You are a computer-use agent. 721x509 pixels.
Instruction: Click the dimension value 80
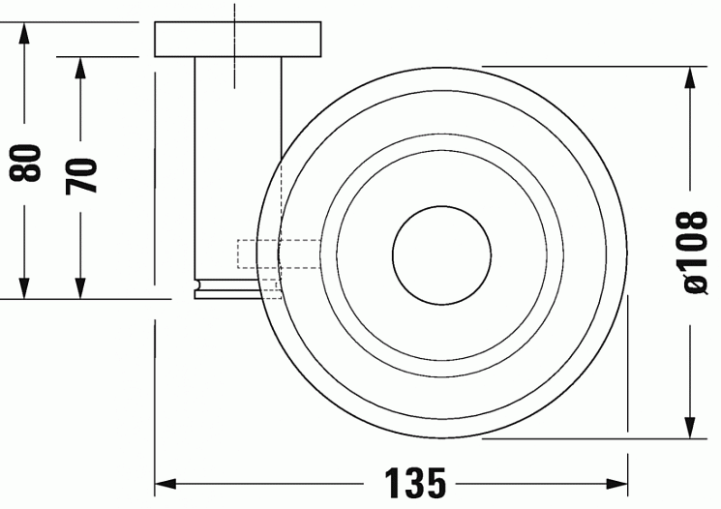[25, 163]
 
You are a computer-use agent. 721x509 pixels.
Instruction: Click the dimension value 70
[81, 175]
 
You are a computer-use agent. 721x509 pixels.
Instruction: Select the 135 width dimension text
[415, 483]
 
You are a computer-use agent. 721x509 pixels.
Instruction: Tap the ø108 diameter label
[690, 253]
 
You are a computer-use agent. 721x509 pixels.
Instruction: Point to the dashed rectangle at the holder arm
[279, 254]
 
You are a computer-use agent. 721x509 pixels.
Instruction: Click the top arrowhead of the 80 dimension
[24, 33]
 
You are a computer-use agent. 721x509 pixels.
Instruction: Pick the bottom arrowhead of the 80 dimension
[24, 287]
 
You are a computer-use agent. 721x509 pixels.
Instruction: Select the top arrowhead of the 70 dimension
[80, 68]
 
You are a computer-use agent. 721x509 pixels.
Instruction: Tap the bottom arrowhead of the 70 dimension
[80, 287]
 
